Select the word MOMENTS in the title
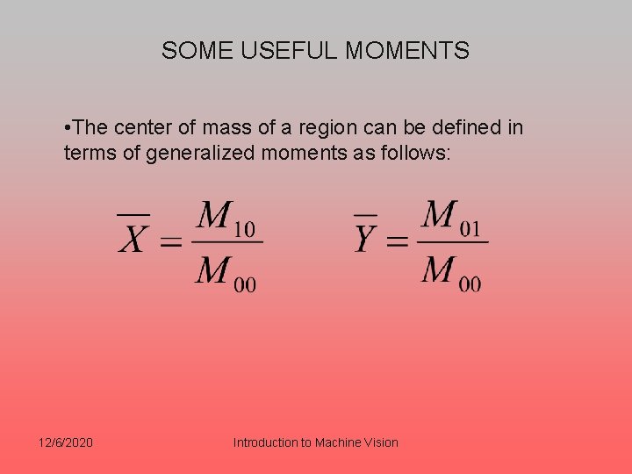coord(407,51)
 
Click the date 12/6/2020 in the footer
coord(67,442)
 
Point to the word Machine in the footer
coord(337,442)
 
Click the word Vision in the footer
coord(380,442)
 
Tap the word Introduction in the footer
coord(265,442)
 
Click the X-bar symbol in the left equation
coord(133,235)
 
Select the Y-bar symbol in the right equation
coord(366,235)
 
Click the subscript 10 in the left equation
coord(245,229)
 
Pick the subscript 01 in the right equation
coord(470,228)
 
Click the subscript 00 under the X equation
coord(245,284)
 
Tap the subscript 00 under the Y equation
coord(470,284)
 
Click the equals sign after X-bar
coord(170,241)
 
